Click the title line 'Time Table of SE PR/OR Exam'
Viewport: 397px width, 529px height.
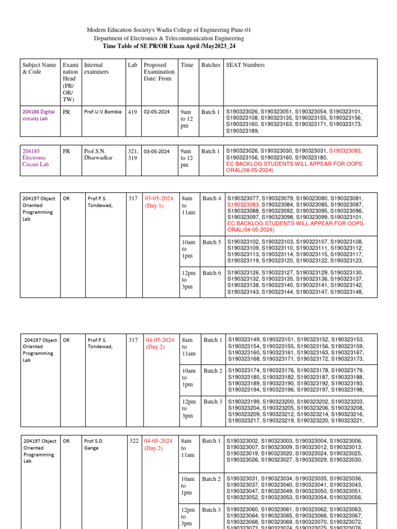click(x=169, y=46)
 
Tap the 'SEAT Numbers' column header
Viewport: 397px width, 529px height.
click(x=246, y=65)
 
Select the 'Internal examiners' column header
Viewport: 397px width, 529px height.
click(x=97, y=69)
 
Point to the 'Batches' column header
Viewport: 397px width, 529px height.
click(x=210, y=65)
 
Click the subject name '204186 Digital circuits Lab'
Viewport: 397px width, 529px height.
click(x=39, y=115)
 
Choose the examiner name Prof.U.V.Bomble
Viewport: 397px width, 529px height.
click(x=103, y=112)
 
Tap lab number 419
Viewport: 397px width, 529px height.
click(x=132, y=112)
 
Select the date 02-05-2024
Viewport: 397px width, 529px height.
click(x=157, y=112)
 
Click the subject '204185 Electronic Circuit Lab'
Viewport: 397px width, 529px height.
click(x=34, y=158)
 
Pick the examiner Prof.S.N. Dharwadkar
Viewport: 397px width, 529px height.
click(x=97, y=154)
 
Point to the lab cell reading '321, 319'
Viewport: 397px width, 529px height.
click(x=133, y=154)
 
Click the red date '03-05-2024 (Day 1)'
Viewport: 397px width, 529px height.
click(x=159, y=202)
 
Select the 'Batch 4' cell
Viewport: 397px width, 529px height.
click(x=212, y=198)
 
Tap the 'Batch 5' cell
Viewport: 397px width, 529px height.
click(x=212, y=242)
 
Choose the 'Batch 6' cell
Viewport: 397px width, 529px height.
click(x=212, y=273)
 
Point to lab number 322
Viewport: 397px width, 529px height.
click(x=134, y=441)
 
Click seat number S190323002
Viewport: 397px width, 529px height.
click(x=243, y=441)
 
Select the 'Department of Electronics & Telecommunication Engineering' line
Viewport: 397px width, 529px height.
click(x=169, y=38)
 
